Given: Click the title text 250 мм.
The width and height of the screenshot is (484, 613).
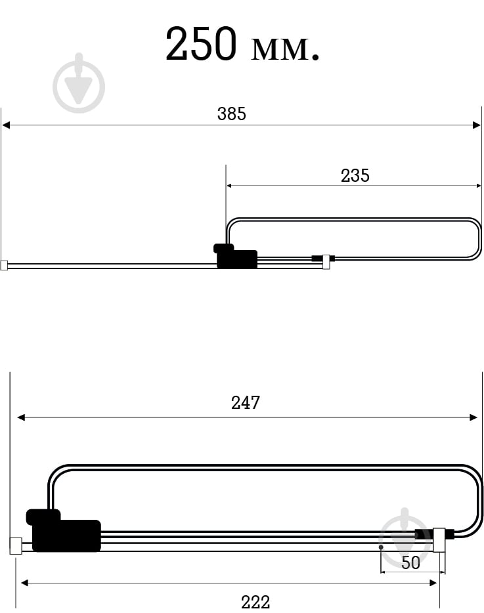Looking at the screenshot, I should [242, 45].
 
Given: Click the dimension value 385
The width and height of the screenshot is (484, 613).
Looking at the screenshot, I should [231, 114].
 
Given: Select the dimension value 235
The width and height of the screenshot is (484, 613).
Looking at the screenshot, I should [355, 175].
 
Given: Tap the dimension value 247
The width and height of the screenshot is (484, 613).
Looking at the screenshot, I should [246, 402].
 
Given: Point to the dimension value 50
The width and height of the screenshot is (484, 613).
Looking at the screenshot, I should [410, 562].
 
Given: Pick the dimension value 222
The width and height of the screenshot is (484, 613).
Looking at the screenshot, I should [255, 601].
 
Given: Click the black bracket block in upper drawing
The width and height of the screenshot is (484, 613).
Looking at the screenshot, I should [236, 257].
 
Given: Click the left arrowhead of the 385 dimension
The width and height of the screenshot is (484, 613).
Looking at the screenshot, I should [6, 125].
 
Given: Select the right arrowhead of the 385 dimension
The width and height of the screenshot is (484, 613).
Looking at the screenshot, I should [477, 125].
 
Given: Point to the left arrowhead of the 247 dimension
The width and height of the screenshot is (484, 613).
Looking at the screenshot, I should [21, 417].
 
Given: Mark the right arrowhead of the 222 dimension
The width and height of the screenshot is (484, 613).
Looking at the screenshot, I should [433, 582].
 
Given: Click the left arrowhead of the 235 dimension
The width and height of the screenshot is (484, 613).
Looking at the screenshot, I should [229, 186].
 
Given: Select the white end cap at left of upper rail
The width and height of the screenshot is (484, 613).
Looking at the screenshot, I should [4, 266].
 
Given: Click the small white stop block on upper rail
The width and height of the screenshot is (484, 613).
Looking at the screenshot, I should [326, 263].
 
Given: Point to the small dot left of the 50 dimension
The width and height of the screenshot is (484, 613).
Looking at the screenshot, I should [381, 547].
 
